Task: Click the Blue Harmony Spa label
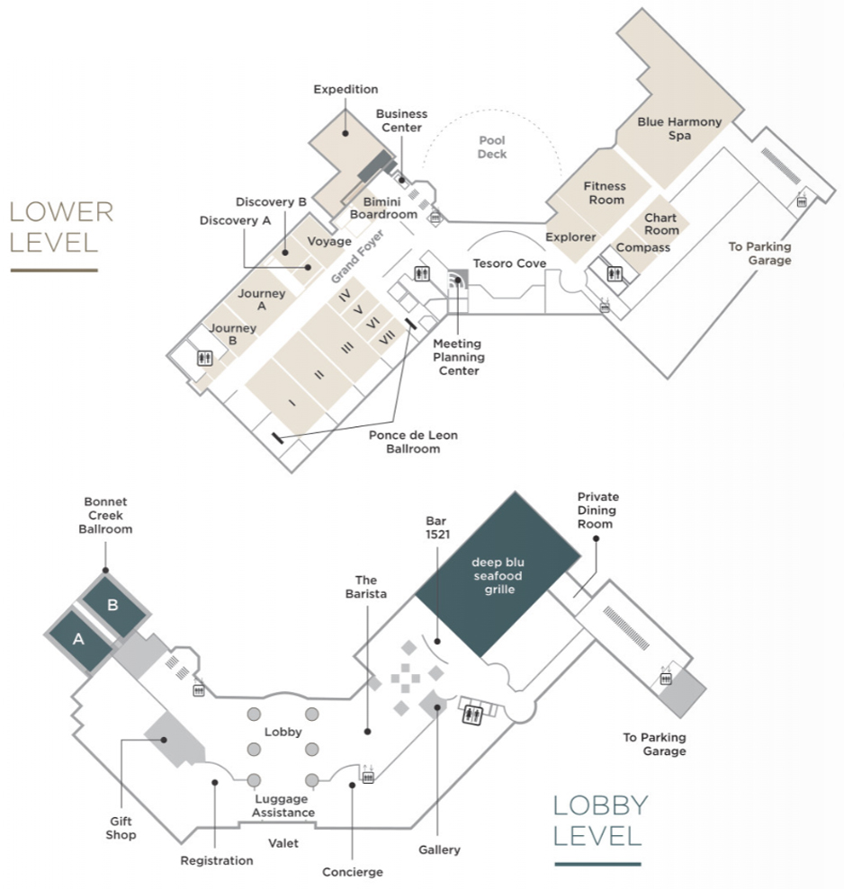point(679,129)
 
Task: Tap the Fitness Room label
point(605,192)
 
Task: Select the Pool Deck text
point(492,147)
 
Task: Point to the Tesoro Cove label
point(509,263)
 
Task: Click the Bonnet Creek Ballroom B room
point(113,606)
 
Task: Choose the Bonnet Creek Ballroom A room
point(79,639)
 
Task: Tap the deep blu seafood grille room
point(498,574)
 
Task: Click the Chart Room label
point(661,224)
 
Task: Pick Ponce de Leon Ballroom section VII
point(387,337)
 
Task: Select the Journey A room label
point(261,299)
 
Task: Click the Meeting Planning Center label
point(459,357)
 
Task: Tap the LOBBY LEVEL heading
point(600,821)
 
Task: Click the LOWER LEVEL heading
point(61,227)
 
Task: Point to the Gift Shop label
point(121,828)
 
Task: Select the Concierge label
point(353,872)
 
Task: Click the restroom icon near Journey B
point(205,359)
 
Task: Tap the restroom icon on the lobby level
point(471,715)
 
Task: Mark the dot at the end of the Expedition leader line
point(346,133)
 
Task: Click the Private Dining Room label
point(597,511)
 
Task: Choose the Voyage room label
point(329,242)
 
